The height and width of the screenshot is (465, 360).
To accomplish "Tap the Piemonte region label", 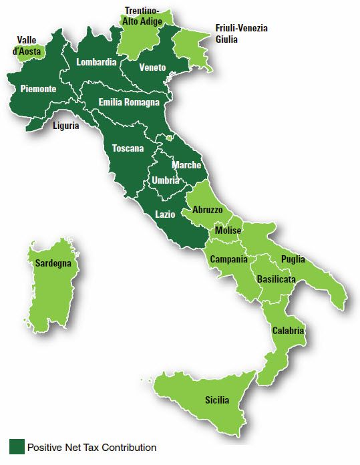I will tap(38, 89).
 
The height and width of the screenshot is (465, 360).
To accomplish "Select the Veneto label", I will tap(153, 67).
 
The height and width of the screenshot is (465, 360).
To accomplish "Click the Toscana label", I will tap(128, 148).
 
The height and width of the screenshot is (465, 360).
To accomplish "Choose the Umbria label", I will tap(165, 180).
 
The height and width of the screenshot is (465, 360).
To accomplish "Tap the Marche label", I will tap(186, 165).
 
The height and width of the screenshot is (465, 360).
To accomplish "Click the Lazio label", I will tap(165, 214).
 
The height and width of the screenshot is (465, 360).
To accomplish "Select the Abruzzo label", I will tap(208, 210).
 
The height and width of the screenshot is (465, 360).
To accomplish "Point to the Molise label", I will tap(228, 230).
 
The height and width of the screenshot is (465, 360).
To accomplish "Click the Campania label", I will tap(228, 259).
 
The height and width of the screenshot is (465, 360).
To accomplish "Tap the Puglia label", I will tap(293, 259).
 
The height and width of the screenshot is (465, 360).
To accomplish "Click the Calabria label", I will tap(289, 331).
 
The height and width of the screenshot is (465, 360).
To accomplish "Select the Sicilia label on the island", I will tap(216, 400).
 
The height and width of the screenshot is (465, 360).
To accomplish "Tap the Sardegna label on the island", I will tap(53, 264).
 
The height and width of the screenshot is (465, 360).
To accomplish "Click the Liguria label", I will tap(66, 125).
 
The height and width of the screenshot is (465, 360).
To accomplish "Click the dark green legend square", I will tap(16, 447).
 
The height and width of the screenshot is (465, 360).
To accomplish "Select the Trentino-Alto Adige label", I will tap(146, 15).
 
